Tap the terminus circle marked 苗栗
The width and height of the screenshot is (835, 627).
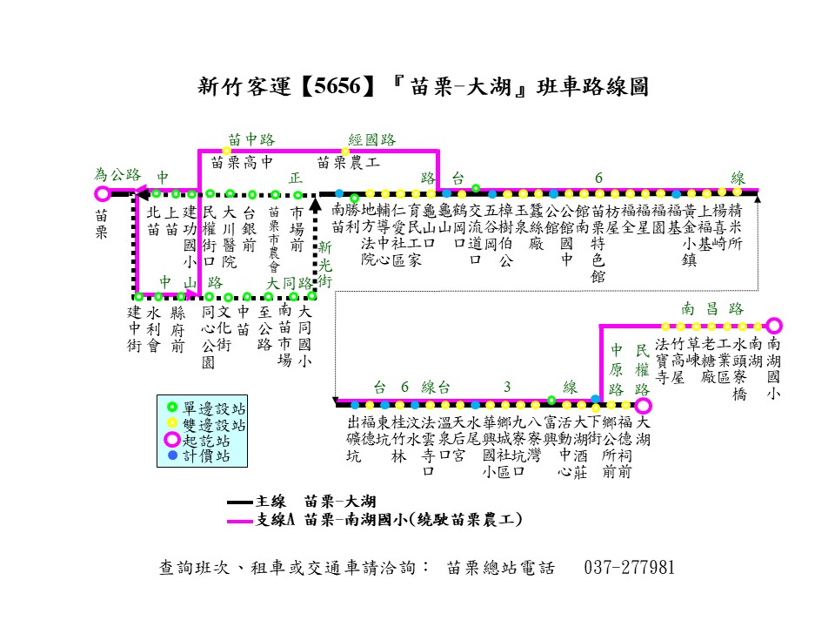[103, 193]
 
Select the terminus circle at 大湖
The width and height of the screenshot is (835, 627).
[643, 405]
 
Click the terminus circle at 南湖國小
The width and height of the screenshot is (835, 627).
[774, 326]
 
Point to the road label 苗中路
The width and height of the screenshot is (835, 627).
[251, 139]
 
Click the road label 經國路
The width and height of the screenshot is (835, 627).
[371, 139]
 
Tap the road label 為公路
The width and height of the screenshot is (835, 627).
[117, 174]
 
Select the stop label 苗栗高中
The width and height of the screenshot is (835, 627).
[243, 161]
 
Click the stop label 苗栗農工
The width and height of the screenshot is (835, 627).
[348, 161]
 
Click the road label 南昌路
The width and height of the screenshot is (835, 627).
[712, 308]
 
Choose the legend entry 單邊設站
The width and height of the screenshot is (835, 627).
[212, 408]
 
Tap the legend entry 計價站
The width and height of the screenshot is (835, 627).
[205, 455]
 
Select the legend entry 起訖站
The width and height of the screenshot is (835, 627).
[205, 440]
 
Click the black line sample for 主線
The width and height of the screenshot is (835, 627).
[240, 502]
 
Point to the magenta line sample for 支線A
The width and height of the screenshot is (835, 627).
[240, 521]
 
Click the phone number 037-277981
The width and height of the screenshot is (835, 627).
[631, 567]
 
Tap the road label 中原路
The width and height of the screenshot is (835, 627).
[616, 368]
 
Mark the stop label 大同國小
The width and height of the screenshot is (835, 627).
[304, 335]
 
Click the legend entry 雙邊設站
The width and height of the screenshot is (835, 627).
[212, 425]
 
